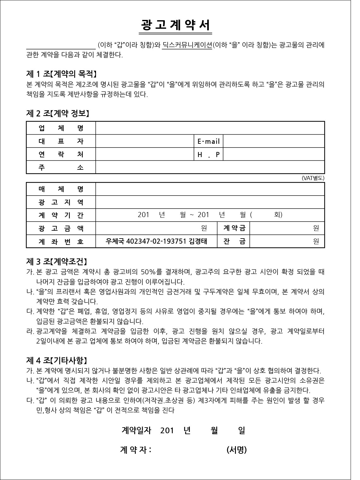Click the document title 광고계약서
coord(176,25)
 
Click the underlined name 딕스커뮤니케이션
coord(187,45)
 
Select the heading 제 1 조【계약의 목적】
coord(61,74)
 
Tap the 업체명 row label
coord(61,128)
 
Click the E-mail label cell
coord(208,141)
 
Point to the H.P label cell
coord(208,155)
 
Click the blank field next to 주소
coord(210,167)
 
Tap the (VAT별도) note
coord(313,178)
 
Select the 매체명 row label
coord(61,189)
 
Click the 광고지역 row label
coord(61,202)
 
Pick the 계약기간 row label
coord(61,215)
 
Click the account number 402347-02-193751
coord(156,241)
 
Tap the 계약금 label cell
coord(234,228)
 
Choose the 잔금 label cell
coord(234,241)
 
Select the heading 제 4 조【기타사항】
coord(57,360)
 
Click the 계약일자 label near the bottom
coord(136,430)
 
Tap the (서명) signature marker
coord(237,450)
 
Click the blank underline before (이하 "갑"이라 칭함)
coord(61,47)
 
